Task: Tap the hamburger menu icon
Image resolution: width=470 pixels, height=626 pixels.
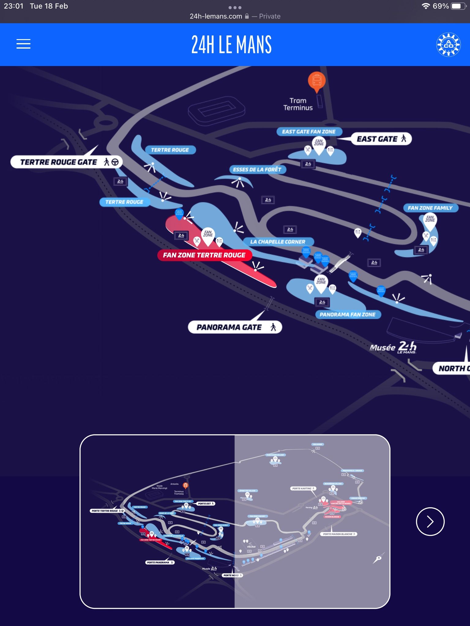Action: pyautogui.click(x=23, y=44)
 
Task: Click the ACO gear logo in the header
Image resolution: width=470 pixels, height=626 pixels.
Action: pyautogui.click(x=448, y=45)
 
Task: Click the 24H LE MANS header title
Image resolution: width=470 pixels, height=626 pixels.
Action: pyautogui.click(x=231, y=45)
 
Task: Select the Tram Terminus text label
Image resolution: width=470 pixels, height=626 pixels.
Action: pyautogui.click(x=298, y=104)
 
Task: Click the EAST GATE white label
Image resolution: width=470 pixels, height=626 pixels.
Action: pyautogui.click(x=381, y=139)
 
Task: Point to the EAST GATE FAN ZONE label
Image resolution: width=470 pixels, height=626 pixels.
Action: pyautogui.click(x=309, y=132)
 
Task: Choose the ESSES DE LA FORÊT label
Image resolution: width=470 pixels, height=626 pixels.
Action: pyautogui.click(x=257, y=170)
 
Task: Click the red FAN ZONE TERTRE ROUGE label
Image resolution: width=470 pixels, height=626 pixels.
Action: pyautogui.click(x=204, y=255)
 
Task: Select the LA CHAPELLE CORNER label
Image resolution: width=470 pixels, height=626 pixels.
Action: pyautogui.click(x=278, y=242)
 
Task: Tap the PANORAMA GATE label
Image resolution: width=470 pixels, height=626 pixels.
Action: pyautogui.click(x=235, y=327)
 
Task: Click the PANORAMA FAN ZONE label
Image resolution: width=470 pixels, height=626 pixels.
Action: pyautogui.click(x=348, y=315)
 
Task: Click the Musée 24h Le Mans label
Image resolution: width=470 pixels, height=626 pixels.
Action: pyautogui.click(x=393, y=347)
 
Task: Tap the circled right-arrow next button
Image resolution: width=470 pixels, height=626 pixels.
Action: pyautogui.click(x=430, y=521)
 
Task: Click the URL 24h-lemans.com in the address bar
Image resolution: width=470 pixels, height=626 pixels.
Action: pyautogui.click(x=216, y=17)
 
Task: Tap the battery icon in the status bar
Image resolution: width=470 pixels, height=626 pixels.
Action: pyautogui.click(x=457, y=6)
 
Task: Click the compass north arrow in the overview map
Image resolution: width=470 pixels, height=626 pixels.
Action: pyautogui.click(x=379, y=558)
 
